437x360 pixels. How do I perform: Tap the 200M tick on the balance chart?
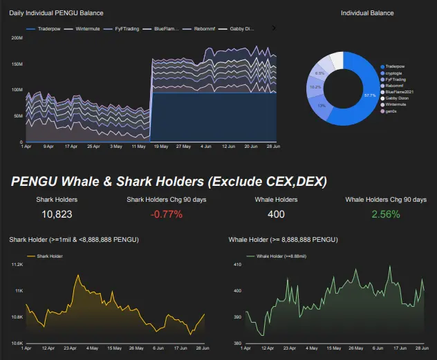(17, 37)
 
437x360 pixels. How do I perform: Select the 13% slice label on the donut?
(321, 106)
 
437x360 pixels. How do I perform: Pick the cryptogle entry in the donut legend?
(396, 73)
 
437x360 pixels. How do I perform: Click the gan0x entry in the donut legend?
(392, 111)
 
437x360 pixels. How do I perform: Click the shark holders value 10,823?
(57, 214)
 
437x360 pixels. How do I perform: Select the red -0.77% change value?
(166, 214)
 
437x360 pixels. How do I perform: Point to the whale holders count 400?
(276, 214)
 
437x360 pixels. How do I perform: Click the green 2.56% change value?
(385, 214)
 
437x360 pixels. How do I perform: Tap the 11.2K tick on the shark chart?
(18, 265)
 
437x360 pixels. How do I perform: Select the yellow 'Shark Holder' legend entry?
(50, 256)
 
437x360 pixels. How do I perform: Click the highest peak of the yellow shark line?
(78, 275)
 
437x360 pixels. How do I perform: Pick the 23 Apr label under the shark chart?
(70, 348)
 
